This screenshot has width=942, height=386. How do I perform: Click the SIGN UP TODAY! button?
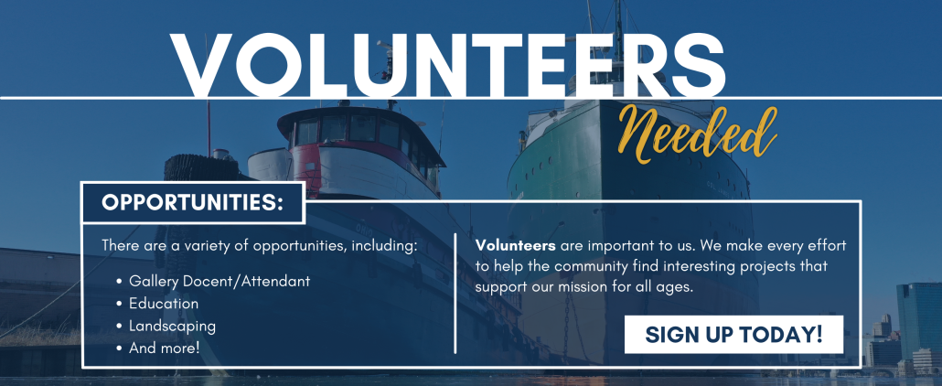[x=733, y=334]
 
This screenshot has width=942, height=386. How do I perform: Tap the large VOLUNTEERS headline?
[x=447, y=65]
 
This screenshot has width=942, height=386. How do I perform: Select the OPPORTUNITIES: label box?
[x=193, y=203]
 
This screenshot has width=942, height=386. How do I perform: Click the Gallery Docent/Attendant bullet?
[x=213, y=281]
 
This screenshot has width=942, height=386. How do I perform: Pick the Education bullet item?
[x=157, y=304]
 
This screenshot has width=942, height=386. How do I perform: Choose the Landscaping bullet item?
[x=166, y=327]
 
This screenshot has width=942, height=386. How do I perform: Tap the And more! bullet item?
[x=158, y=348]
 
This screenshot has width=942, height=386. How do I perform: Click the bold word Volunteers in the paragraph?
[x=516, y=245]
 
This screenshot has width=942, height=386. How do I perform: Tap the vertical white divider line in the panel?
[x=455, y=294]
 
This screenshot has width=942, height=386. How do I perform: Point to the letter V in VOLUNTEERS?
[x=203, y=65]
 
